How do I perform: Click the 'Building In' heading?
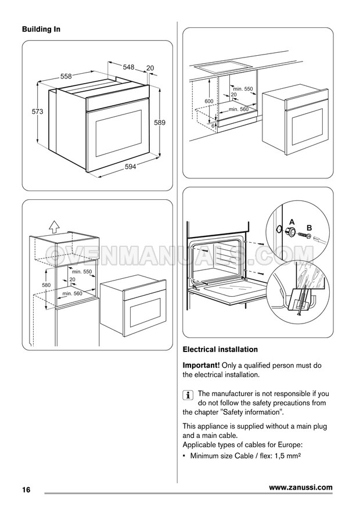click(41, 29)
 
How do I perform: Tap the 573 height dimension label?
click(37, 112)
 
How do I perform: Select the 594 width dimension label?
click(130, 167)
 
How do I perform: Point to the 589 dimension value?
click(160, 123)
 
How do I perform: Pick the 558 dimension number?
click(66, 76)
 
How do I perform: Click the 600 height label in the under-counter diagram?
click(209, 101)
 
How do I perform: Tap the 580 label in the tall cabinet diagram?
click(46, 285)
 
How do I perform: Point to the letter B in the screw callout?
click(309, 228)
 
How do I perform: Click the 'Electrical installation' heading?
click(220, 350)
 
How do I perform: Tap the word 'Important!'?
click(201, 365)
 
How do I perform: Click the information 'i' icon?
click(188, 395)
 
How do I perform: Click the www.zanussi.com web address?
click(301, 487)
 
